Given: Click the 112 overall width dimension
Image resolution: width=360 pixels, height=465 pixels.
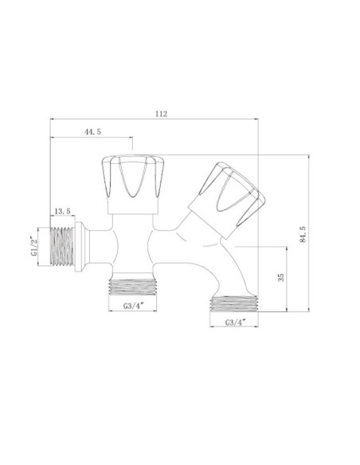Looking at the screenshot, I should (162, 115).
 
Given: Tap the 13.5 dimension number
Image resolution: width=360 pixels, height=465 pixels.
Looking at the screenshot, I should (62, 211).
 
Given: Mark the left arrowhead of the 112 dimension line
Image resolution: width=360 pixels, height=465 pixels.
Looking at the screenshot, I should (53, 120).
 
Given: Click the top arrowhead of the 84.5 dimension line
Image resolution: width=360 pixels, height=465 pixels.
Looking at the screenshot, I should (310, 158).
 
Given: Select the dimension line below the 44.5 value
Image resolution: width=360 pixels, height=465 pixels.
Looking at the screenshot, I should (92, 137).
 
